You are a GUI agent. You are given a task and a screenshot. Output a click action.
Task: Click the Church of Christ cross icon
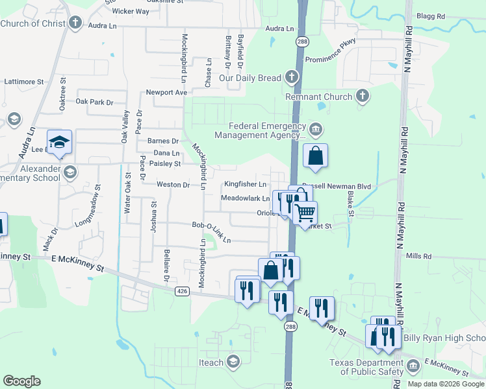coord(75,24)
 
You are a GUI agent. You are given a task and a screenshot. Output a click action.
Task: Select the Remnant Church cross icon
coord(363,97)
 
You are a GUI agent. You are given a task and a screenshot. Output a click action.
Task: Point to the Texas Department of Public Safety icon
coord(413,368)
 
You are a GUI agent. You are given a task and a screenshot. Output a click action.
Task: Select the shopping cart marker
coord(305,213)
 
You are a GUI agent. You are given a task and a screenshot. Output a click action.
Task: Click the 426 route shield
coord(182,292)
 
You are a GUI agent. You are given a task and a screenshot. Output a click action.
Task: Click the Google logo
coord(21,381)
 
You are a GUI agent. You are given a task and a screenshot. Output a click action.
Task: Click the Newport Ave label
coord(166,93)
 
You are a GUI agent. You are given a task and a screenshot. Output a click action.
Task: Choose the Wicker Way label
coord(131,12)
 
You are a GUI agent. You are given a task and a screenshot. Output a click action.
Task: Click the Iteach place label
coord(211,362)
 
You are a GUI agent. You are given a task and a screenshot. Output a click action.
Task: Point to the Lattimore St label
coord(23,82)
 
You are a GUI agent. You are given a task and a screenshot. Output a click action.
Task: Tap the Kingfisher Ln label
coord(246,185)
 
